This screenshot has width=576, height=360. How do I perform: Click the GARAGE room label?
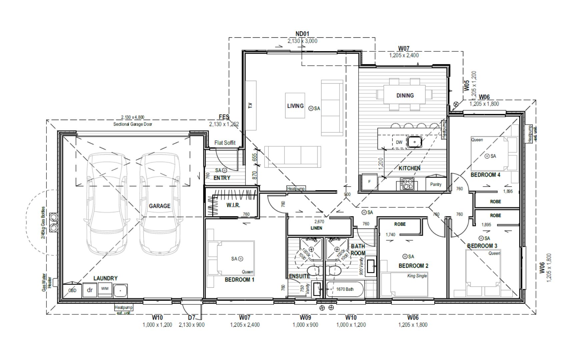[159, 206]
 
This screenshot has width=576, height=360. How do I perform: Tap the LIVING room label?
[295, 106]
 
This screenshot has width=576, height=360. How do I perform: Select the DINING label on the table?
[405, 95]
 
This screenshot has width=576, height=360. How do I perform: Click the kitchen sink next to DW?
[414, 142]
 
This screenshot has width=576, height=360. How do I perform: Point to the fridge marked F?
[369, 182]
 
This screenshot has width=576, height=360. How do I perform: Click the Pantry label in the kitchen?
[436, 184]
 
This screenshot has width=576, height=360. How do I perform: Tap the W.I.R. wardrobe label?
[233, 205]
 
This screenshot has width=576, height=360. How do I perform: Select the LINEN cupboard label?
[316, 228]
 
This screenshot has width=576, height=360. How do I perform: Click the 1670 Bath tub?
[345, 289]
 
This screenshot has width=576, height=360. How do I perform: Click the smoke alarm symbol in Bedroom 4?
[487, 156]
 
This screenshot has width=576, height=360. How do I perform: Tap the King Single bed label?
[417, 276]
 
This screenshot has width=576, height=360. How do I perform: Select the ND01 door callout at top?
[302, 34]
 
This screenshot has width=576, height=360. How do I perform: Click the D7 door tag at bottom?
[191, 318]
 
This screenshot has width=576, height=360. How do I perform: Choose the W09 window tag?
[305, 318]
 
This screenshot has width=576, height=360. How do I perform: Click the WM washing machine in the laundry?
[105, 289]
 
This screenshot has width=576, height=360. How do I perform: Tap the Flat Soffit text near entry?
[225, 143]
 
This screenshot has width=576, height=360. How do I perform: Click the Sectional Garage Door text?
[132, 124]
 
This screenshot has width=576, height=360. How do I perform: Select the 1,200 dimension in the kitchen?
[381, 163]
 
